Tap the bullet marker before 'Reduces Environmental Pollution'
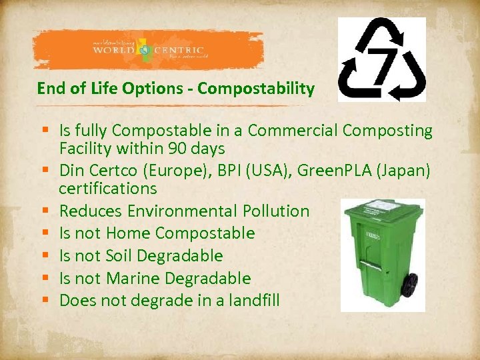pos(43,211)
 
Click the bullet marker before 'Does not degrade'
pos(43,301)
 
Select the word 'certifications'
pos(107,189)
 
